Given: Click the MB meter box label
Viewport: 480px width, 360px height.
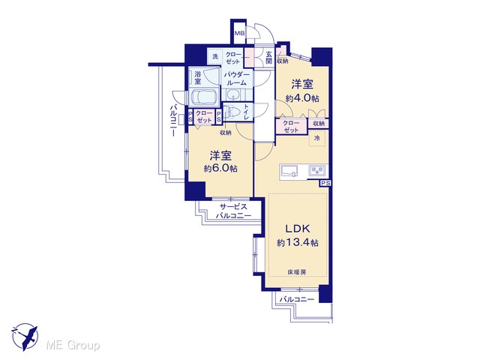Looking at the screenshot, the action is tap(239, 33).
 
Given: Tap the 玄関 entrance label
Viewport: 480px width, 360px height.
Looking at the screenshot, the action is tap(268, 58).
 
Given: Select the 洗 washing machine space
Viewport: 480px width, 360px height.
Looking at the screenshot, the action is tap(215, 56).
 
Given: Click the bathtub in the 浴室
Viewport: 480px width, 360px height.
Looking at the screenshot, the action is tap(204, 97).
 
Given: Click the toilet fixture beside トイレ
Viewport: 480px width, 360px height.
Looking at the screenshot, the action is tap(232, 112).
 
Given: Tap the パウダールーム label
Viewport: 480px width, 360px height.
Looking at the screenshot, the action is tap(237, 79).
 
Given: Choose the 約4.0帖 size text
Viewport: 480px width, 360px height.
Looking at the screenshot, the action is tap(302, 98).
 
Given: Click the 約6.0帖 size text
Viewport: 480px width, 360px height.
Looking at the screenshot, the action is tap(220, 169).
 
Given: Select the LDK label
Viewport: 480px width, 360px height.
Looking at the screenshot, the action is tap(298, 228).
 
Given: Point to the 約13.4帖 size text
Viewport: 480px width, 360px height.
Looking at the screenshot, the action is tap(298, 243).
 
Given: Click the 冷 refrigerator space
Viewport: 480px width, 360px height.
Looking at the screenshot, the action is tap(318, 138).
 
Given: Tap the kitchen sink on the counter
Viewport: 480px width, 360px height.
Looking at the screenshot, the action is tap(289, 171).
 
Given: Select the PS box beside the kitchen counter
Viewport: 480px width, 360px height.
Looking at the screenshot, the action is tap(325, 183).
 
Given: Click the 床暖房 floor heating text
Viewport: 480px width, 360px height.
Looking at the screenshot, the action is tap(297, 271).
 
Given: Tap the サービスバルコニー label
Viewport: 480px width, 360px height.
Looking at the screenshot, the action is tap(233, 211).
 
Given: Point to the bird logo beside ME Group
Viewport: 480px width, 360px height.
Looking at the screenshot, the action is tap(25, 337).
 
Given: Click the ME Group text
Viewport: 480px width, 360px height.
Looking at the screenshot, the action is tap(73, 345).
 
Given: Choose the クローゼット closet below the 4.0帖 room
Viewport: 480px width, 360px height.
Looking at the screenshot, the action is tap(291, 127).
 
